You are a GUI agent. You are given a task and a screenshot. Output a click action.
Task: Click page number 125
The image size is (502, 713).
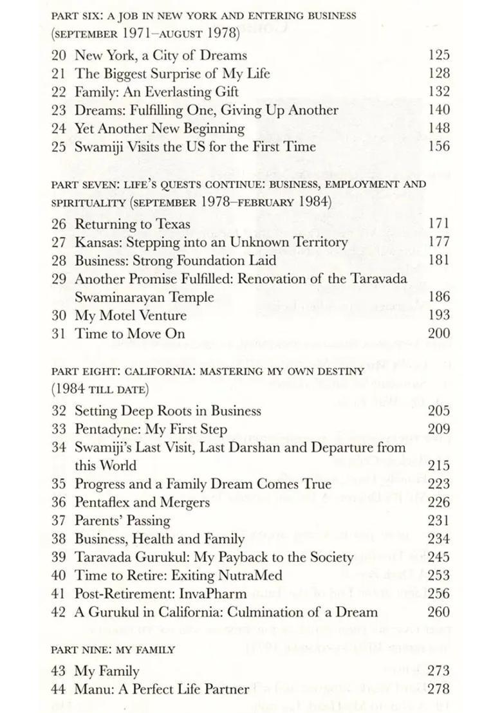[439, 55]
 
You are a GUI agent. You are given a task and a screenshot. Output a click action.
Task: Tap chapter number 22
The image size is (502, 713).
[59, 92]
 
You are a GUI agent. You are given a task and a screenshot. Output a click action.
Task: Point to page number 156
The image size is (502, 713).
[439, 147]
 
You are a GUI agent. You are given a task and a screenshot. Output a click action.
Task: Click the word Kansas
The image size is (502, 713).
[95, 243]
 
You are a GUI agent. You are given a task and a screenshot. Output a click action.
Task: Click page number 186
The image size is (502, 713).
[439, 297]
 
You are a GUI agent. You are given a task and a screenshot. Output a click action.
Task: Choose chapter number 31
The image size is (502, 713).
[59, 333]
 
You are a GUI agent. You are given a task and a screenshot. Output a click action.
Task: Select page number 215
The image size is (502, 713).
[439, 465]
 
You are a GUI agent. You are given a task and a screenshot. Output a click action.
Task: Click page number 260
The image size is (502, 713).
[439, 611]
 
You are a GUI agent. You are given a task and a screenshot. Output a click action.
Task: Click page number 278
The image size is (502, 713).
[439, 689]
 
